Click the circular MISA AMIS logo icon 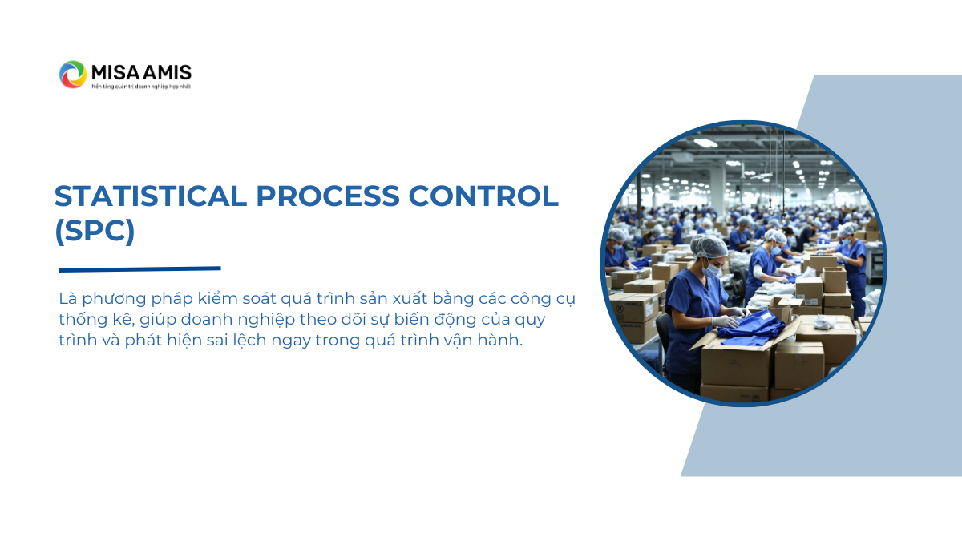(73, 75)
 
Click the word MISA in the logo (116, 73)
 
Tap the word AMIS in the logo (167, 73)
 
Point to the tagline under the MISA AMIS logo (141, 87)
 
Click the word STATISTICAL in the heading (151, 196)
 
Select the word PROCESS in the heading (328, 196)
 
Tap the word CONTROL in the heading (483, 196)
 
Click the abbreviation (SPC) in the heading (95, 231)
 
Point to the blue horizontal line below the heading (139, 269)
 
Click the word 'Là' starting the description (68, 298)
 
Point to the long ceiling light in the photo (705, 143)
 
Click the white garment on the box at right (824, 321)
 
